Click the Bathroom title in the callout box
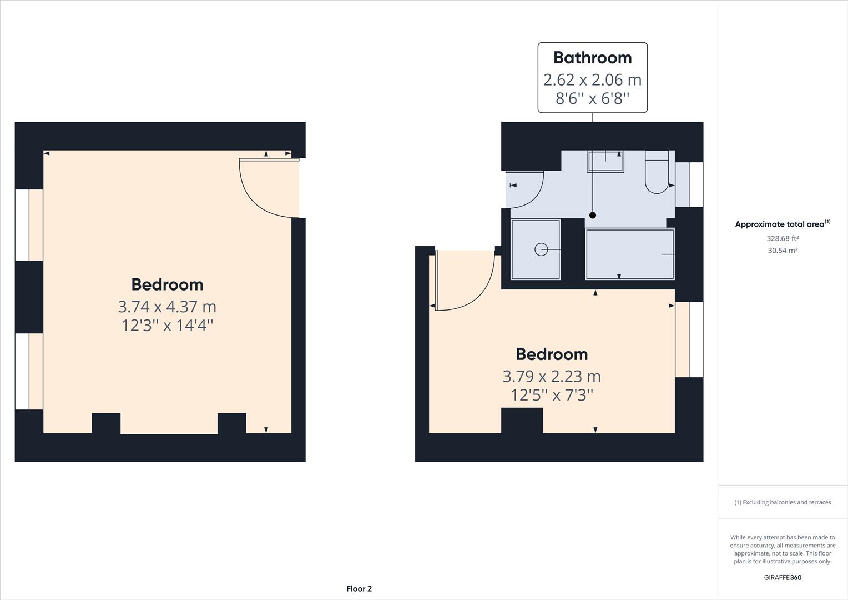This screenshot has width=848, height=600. pyautogui.click(x=592, y=58)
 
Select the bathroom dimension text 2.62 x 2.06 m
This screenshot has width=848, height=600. pyautogui.click(x=592, y=79)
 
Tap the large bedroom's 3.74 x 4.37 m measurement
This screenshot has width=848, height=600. pyautogui.click(x=167, y=307)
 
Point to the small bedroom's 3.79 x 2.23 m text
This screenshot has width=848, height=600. pyautogui.click(x=552, y=377)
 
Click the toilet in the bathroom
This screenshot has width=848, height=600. pyautogui.click(x=657, y=173)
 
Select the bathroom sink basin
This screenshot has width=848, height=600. pyautogui.click(x=605, y=161)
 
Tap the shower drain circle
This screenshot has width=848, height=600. pyautogui.click(x=541, y=250)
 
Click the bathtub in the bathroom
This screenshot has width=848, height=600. pyautogui.click(x=630, y=253)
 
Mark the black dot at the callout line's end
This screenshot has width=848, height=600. pyautogui.click(x=593, y=215)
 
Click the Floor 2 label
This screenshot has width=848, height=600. pyautogui.click(x=359, y=589)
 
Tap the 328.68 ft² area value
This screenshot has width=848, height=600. pyautogui.click(x=783, y=238)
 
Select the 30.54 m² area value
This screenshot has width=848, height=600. pyautogui.click(x=783, y=251)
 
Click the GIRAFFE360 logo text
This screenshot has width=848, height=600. pyautogui.click(x=783, y=577)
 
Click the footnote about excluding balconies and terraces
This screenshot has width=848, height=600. pyautogui.click(x=783, y=502)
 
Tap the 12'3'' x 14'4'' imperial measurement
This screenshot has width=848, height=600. pyautogui.click(x=167, y=326)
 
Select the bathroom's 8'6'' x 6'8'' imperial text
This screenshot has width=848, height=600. pyautogui.click(x=592, y=99)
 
